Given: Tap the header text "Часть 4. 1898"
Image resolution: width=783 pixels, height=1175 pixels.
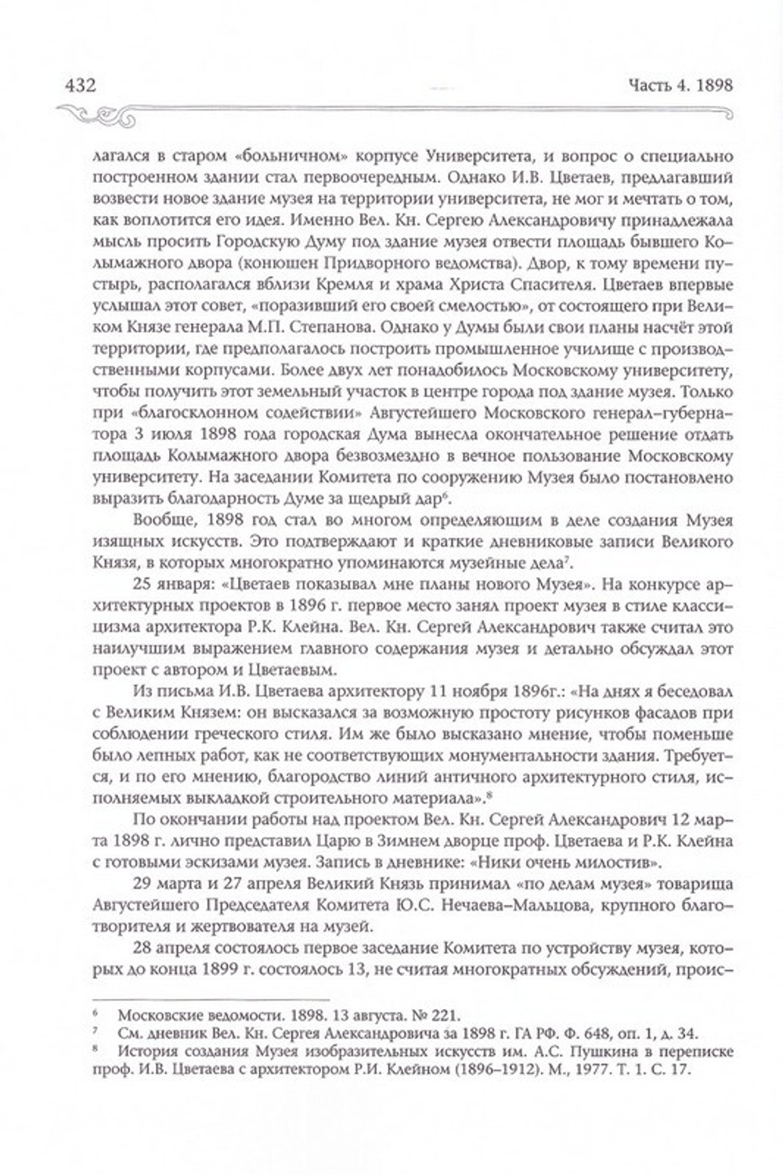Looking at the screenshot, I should pos(677,85).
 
